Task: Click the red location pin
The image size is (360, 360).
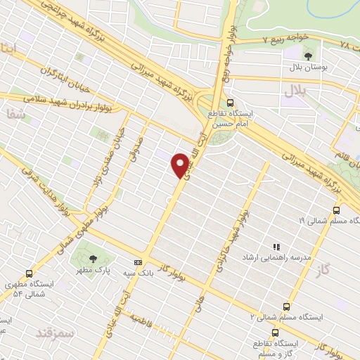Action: click(180, 163)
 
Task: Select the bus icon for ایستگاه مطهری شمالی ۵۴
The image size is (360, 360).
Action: click(29, 274)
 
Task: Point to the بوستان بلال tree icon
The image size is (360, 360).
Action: click(308, 55)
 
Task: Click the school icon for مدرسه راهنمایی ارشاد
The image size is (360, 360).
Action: click(276, 247)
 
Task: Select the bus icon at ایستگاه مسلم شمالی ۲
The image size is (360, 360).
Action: click(285, 306)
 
